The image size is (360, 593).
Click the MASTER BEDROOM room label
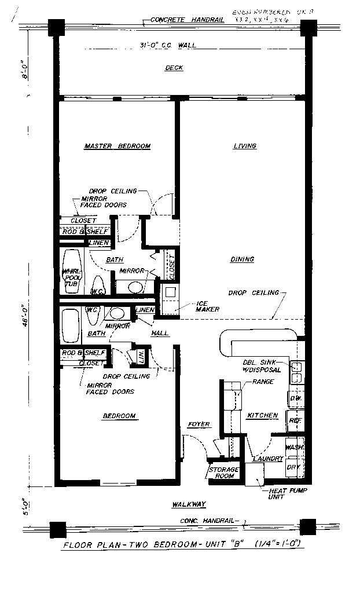(117, 147)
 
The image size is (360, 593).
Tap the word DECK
(174, 68)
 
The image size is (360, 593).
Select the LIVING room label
(245, 147)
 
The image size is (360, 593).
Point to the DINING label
(241, 259)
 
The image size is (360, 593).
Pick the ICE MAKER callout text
(207, 306)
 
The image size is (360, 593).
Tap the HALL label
(160, 334)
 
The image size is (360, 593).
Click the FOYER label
(199, 425)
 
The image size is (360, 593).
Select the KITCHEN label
(263, 416)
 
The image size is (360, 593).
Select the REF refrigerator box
(295, 421)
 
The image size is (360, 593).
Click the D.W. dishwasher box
(295, 398)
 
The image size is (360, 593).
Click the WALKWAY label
(189, 505)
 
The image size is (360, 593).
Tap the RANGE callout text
(263, 382)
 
